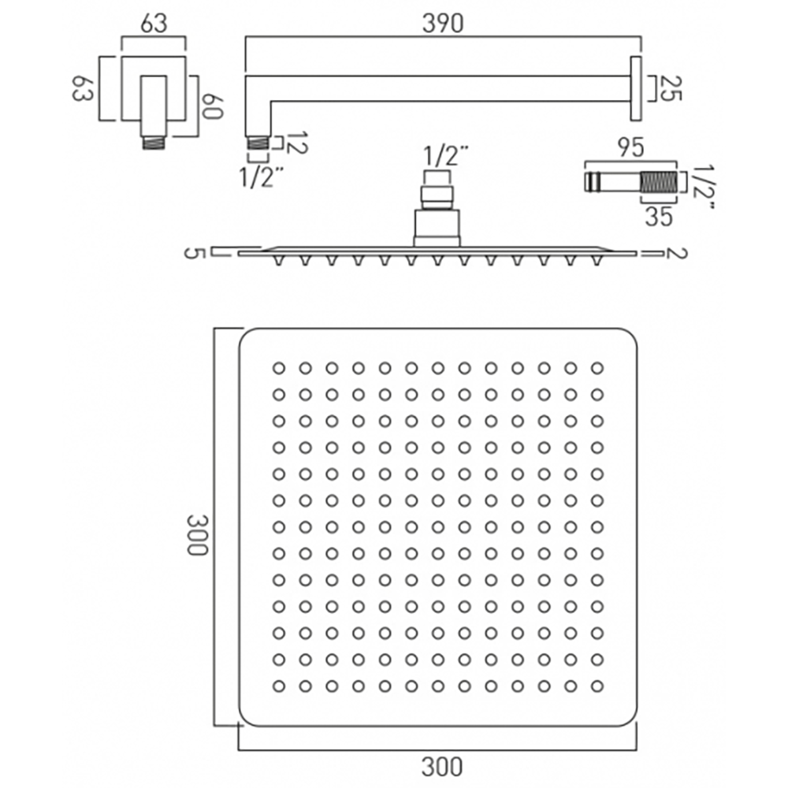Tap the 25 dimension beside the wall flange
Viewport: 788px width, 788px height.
tap(669, 87)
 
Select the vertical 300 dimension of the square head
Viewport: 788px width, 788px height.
tap(196, 536)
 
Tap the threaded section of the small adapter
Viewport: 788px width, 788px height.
tap(659, 182)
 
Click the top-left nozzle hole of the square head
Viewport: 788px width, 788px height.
tap(279, 367)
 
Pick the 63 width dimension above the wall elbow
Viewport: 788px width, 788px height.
tap(154, 24)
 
